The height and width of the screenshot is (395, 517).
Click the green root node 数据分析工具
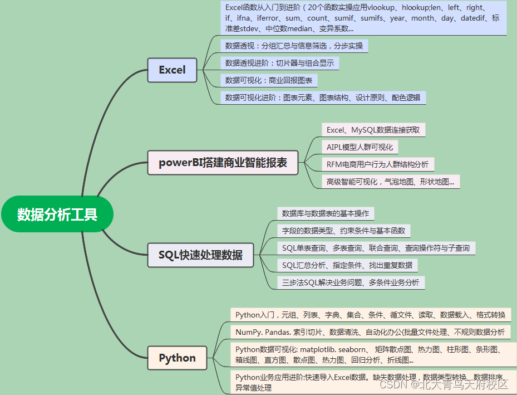point(57,214)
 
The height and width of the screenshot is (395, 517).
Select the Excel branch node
point(172,70)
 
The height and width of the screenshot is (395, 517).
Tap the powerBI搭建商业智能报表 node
point(223,163)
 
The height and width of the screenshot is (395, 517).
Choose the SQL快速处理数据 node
point(200,255)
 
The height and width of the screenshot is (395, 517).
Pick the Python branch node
point(177,358)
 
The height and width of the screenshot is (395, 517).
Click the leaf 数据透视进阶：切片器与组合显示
point(279,63)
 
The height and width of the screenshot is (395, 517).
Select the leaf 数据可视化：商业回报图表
point(268,80)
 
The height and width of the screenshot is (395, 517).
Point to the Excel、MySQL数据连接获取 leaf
point(373,130)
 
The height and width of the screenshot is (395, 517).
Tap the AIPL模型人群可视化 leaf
point(360,147)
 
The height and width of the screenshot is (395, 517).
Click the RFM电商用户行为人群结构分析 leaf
point(377,164)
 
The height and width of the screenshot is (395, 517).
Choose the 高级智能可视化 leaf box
point(390,181)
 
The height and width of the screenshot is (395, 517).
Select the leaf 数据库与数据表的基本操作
point(326,213)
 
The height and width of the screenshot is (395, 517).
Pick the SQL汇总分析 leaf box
point(347,265)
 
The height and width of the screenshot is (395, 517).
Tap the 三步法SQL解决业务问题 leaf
point(351,282)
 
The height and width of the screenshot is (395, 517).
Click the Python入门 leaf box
point(370,315)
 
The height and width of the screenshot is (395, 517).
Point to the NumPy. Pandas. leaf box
point(370,332)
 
